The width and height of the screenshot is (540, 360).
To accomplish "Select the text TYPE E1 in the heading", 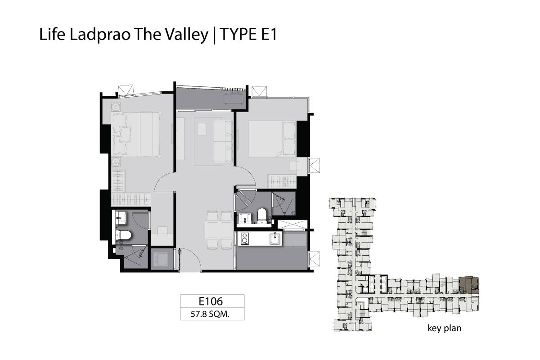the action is (248, 35).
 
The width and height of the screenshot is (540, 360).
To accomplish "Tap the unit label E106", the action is (211, 301).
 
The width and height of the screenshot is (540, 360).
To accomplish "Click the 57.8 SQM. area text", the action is (210, 314).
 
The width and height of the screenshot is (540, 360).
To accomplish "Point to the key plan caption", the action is (445, 328).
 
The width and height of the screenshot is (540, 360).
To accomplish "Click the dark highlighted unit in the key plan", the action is (468, 285).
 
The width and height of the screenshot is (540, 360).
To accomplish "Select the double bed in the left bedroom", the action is (135, 134).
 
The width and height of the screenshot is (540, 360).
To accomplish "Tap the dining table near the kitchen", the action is (218, 231).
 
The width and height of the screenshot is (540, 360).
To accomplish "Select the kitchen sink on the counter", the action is (275, 238).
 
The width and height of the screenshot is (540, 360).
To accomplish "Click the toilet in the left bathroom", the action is (123, 235).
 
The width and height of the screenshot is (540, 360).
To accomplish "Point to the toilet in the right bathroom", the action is (262, 216).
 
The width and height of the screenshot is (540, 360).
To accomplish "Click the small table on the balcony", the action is (234, 99).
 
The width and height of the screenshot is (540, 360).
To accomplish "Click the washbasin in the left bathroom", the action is (121, 218).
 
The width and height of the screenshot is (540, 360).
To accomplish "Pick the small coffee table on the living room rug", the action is (202, 129).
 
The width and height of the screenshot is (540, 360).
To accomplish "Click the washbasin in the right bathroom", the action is (245, 219).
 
